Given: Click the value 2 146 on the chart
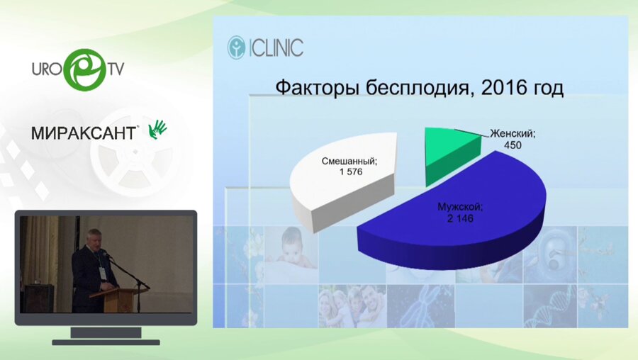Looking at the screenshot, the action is tap(460, 218).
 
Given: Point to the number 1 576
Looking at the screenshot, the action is tap(351, 171).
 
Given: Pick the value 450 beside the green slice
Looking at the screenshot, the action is tap(513, 145).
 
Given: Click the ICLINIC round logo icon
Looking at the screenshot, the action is tap(236, 47).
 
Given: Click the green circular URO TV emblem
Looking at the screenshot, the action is tap(86, 69).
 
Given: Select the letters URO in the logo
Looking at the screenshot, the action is tap(47, 69).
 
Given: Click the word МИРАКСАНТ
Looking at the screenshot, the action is tap(84, 133).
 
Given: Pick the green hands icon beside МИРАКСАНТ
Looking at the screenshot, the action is tap(157, 130).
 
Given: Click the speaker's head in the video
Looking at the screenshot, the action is tap(94, 237).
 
